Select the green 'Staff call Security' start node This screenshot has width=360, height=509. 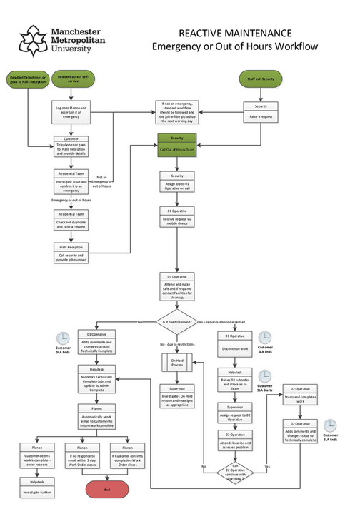(x=260, y=79)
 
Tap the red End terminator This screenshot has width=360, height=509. (x=107, y=489)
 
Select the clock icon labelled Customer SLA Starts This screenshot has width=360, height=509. (x=265, y=377)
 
